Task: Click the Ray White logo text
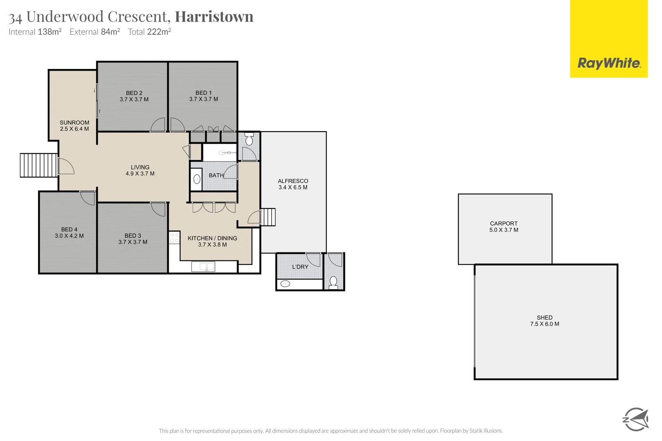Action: [x=609, y=63]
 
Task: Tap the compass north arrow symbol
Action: [x=635, y=419]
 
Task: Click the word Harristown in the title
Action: [x=214, y=16]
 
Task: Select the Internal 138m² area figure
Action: [x=35, y=32]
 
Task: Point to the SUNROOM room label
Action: [x=74, y=122]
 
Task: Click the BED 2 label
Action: [x=134, y=93]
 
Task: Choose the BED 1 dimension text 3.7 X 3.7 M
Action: [x=204, y=99]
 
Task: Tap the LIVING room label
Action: [x=140, y=167]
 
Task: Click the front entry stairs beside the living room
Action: [x=39, y=165]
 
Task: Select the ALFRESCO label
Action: [x=293, y=181]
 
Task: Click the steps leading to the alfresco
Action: [x=268, y=217]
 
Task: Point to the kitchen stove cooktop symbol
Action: [x=174, y=238]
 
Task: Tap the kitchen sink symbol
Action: [x=203, y=267]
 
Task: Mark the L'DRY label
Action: [x=300, y=267]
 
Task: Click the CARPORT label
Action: [x=503, y=223]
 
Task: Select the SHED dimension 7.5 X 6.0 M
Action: [x=544, y=324]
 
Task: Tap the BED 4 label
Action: [x=69, y=229]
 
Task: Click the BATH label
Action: [x=216, y=175]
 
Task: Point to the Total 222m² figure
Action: [x=149, y=32]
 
